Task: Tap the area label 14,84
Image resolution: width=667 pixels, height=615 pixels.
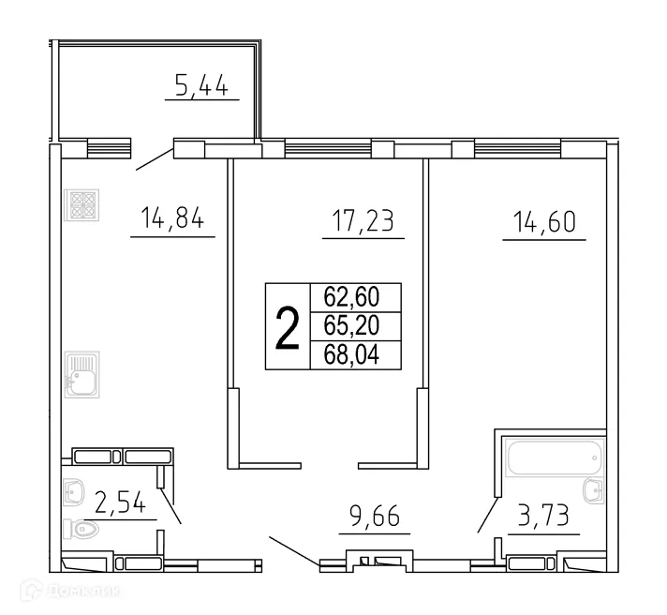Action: coord(172,222)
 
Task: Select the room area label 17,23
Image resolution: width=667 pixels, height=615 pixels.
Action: coord(363,222)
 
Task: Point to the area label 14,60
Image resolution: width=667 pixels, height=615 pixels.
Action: coord(543,223)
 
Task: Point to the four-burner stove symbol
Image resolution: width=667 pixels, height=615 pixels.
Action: coord(81,205)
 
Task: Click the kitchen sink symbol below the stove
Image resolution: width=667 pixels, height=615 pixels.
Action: coord(81,375)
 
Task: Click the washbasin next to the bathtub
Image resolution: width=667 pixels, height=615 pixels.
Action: coord(591,490)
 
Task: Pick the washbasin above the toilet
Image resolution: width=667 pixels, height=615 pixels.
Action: coord(74,490)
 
